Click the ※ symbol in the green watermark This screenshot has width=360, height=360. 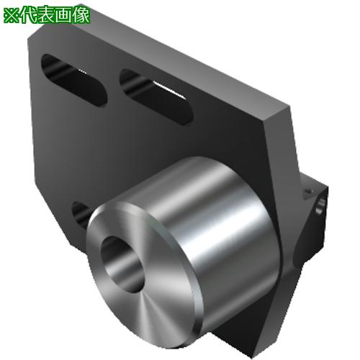pos(12,15)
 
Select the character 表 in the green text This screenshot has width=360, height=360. pos(46,15)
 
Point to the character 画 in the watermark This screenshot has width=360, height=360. pos(64,15)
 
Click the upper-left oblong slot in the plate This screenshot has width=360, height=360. pos(74,81)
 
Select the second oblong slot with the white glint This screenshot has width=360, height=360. pos(156,96)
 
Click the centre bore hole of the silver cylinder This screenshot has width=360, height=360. pos(122,264)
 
